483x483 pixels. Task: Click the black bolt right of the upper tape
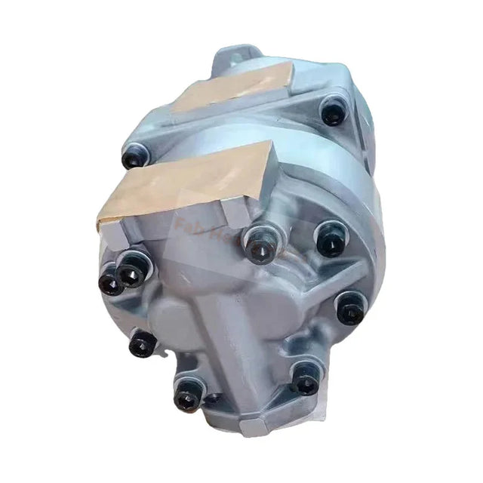pos(333,112)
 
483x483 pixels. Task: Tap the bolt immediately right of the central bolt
pos(330,240)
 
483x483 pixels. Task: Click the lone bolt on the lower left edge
pos(142,344)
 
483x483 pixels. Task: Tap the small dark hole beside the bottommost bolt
pos(214,398)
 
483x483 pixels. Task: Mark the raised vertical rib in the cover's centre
pos(249,325)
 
